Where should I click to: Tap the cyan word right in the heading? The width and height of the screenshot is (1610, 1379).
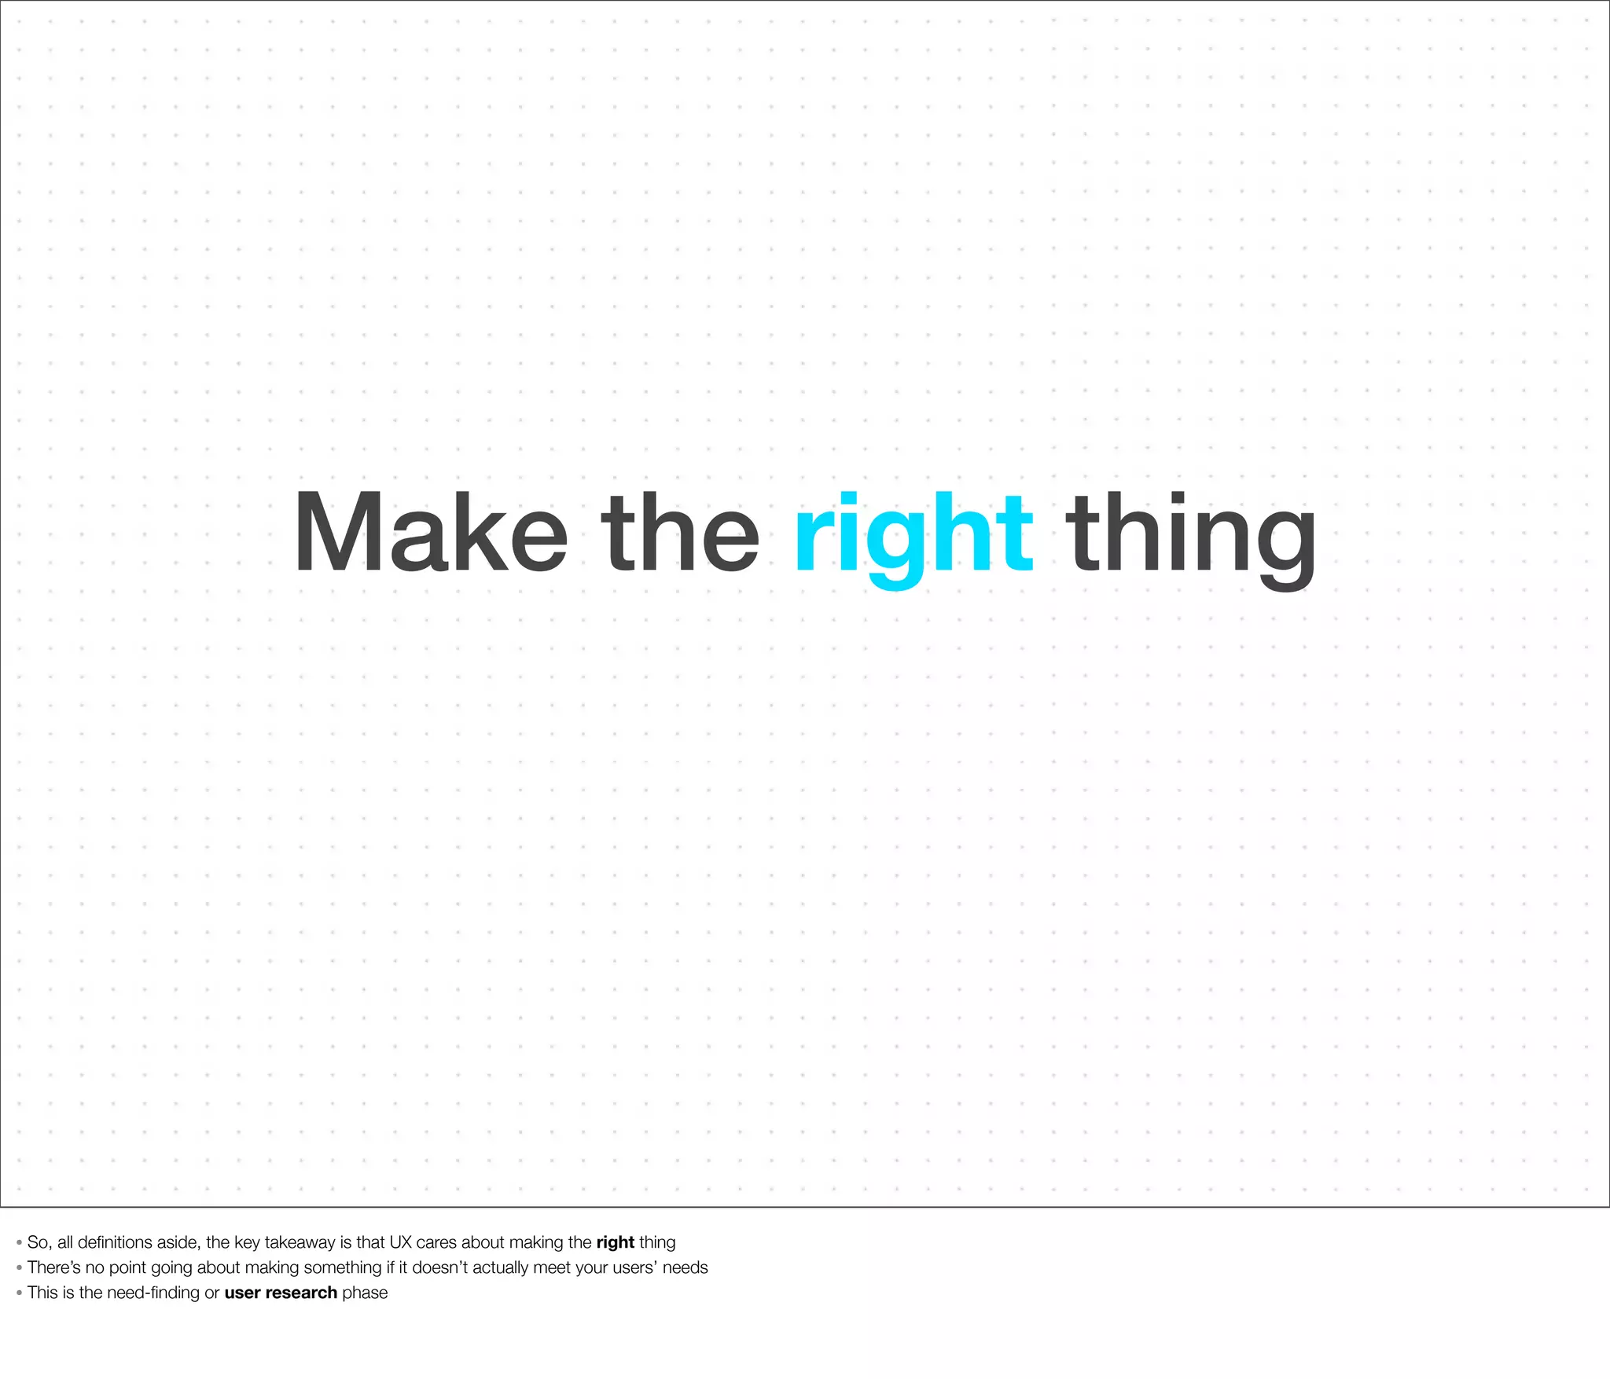(913, 534)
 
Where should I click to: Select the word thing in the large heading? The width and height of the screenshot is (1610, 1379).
(1190, 534)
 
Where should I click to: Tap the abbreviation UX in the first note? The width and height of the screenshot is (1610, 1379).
(400, 1242)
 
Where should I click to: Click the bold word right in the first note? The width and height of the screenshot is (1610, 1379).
(615, 1242)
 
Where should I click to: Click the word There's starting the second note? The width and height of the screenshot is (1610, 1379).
(54, 1267)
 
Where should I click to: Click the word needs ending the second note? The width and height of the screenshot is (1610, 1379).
(686, 1267)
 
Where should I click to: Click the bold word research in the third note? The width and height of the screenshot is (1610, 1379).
(301, 1293)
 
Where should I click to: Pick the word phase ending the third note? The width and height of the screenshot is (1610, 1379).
(365, 1293)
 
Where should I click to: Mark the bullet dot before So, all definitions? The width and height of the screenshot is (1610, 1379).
(19, 1243)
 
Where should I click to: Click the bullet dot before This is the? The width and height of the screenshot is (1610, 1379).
(19, 1293)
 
